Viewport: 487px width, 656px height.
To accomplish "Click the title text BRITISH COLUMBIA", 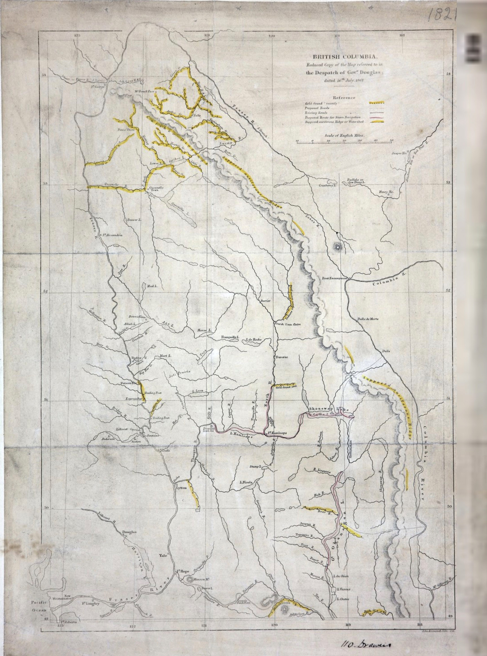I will click(344, 57).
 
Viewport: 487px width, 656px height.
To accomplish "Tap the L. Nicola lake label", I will click(246, 482).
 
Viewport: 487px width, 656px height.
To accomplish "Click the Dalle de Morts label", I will click(368, 319).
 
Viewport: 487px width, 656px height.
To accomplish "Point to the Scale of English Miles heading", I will click(345, 135).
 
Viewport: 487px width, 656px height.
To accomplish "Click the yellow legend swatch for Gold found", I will click(376, 103).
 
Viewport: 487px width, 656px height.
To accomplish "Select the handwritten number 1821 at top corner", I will click(441, 15).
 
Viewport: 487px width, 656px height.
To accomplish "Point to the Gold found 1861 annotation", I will click(286, 386).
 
